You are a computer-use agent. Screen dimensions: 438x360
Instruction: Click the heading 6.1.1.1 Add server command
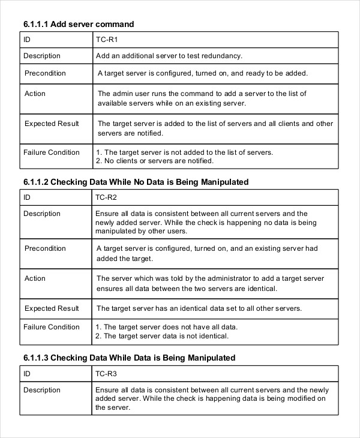pyautogui.click(x=78, y=24)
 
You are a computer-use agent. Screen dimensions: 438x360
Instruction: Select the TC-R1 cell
pyautogui.click(x=106, y=40)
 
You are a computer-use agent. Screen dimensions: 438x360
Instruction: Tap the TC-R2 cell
pyautogui.click(x=106, y=197)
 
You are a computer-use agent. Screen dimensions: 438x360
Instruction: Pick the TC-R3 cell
pyautogui.click(x=106, y=374)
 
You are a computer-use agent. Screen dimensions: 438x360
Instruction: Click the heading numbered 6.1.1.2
pyautogui.click(x=136, y=182)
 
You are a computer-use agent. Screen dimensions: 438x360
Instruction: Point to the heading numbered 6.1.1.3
pyautogui.click(x=129, y=358)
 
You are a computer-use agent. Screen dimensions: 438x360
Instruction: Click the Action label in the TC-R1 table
pyautogui.click(x=35, y=94)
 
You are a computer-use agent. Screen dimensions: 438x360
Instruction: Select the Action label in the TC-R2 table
pyautogui.click(x=35, y=278)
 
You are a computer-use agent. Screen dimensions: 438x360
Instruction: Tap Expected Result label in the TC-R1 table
pyautogui.click(x=52, y=124)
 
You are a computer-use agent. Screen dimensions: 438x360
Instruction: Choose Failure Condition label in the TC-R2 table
pyautogui.click(x=51, y=327)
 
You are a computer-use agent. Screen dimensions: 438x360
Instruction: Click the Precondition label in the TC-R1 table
pyautogui.click(x=45, y=73)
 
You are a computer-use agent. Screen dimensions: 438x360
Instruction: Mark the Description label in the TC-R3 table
pyautogui.click(x=42, y=390)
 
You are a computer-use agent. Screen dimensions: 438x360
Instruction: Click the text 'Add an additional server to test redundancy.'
pyautogui.click(x=169, y=56)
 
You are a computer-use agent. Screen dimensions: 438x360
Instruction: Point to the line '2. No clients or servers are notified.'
pyautogui.click(x=154, y=161)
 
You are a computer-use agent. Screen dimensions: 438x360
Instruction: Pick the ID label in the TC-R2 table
pyautogui.click(x=27, y=197)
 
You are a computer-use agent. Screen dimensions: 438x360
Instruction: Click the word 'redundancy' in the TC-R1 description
pyautogui.click(x=222, y=56)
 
